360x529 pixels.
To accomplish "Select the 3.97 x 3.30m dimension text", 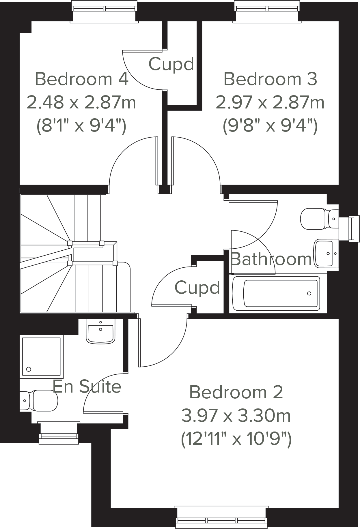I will coord(236,416).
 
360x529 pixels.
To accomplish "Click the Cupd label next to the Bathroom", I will coord(197,288).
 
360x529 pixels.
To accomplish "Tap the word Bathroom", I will coord(271,259).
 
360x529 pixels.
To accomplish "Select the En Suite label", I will coord(87,387).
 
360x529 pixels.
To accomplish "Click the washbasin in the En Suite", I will coord(100,332).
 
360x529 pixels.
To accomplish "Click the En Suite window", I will coord(59,433).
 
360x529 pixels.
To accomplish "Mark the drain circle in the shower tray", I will coord(29,369).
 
